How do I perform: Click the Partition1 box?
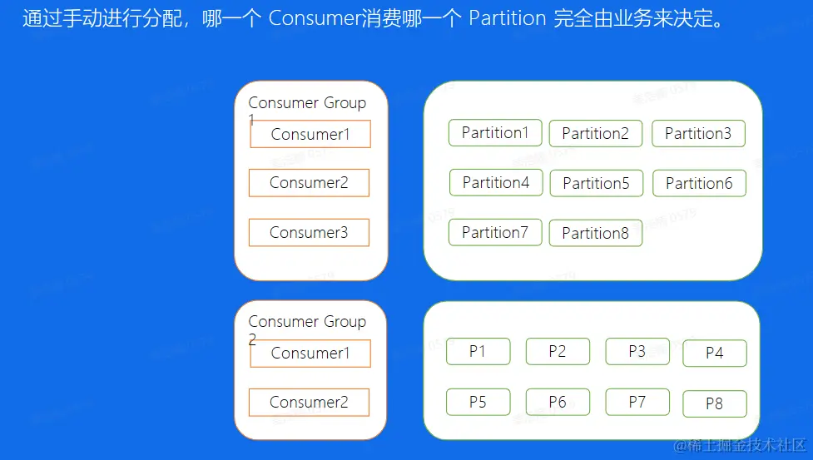495,133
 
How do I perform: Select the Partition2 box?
596,134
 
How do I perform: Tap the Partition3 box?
698,134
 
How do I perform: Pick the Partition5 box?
597,184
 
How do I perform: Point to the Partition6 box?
699,184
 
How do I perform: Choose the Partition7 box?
495,233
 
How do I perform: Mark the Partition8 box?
596,234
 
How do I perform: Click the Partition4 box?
496,183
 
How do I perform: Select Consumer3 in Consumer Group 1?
309,233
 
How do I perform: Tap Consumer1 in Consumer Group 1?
310,135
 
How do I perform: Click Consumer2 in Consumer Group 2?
309,403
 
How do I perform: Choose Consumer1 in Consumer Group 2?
310,354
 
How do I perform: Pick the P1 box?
478,352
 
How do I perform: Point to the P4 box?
715,354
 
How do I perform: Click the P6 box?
558,403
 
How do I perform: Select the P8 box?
715,404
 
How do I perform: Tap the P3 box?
637,352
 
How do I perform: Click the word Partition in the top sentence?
508,18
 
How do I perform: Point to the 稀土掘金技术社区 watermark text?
739,447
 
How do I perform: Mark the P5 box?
478,403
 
